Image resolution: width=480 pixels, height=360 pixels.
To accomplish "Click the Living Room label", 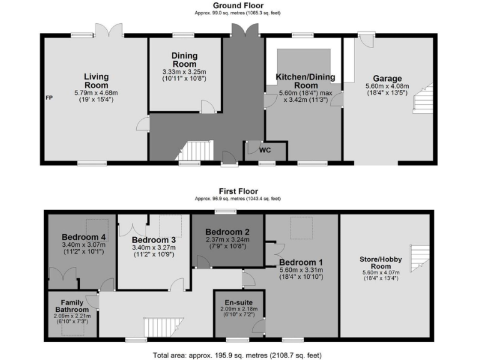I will pyautogui.click(x=96, y=81).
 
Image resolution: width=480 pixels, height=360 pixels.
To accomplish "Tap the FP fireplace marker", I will pyautogui.click(x=49, y=98).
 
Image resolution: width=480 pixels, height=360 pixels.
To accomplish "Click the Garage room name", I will pyautogui.click(x=387, y=79).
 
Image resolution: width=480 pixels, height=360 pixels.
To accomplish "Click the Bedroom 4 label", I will pyautogui.click(x=83, y=237).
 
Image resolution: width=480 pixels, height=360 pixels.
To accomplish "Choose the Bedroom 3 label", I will pyautogui.click(x=154, y=240).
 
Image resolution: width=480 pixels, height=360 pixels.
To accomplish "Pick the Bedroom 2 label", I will pyautogui.click(x=227, y=231).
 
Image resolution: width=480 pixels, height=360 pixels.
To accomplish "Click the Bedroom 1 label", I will pyautogui.click(x=301, y=262).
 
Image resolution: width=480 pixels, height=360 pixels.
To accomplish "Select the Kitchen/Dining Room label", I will pyautogui.click(x=306, y=81).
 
